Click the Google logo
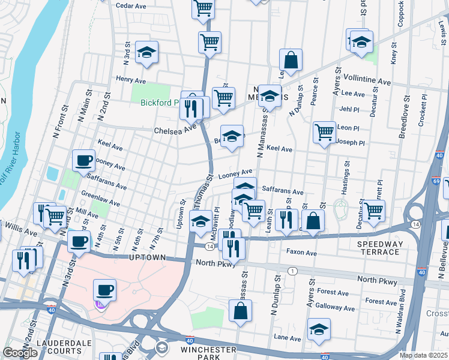point(19,353)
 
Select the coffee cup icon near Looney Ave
point(83,160)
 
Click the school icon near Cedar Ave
point(146,52)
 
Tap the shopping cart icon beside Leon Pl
point(325,131)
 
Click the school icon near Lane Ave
point(319,329)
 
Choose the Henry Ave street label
point(131,79)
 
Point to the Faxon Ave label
point(301,253)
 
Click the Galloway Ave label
point(335,307)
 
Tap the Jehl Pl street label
point(349,109)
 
